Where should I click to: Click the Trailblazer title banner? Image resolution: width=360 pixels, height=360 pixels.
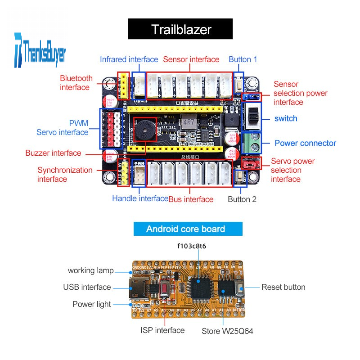180,29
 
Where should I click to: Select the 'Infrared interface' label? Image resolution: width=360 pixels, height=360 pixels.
129,59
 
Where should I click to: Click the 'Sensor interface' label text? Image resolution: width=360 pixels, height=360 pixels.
191,59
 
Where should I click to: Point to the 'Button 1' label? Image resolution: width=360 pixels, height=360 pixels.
243,59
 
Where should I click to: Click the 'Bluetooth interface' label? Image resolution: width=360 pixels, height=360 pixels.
76,82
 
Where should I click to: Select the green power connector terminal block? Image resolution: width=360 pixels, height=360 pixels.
252,143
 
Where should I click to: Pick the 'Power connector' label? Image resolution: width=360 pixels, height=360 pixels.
305,143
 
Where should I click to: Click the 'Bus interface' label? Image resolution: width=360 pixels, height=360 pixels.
191,199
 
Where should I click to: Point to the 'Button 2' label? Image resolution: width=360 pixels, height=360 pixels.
242,199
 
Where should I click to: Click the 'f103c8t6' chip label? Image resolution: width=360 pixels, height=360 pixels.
192,246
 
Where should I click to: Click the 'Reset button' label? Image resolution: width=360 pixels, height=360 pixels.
283,287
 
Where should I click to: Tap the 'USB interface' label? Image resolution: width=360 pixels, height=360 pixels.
87,287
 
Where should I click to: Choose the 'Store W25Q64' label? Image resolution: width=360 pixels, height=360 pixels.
228,331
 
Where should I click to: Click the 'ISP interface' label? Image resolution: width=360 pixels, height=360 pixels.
162,330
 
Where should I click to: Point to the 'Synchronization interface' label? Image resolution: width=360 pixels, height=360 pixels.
65,175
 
